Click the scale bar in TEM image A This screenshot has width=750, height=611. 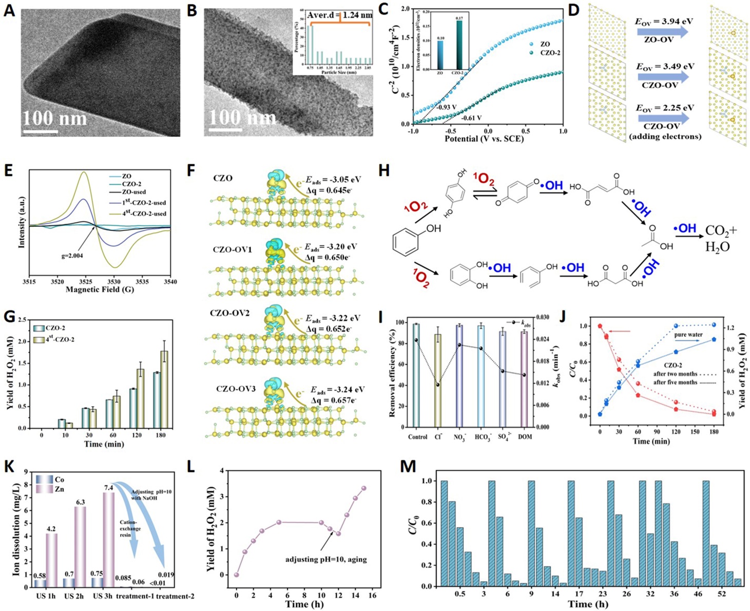tap(41, 132)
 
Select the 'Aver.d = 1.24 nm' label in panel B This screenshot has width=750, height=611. tap(339, 15)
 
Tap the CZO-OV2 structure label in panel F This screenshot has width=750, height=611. tap(230, 313)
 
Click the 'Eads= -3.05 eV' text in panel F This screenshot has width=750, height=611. tap(333, 180)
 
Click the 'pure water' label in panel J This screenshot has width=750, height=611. tap(688, 335)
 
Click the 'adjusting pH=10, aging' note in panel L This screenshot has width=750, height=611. tap(326, 559)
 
